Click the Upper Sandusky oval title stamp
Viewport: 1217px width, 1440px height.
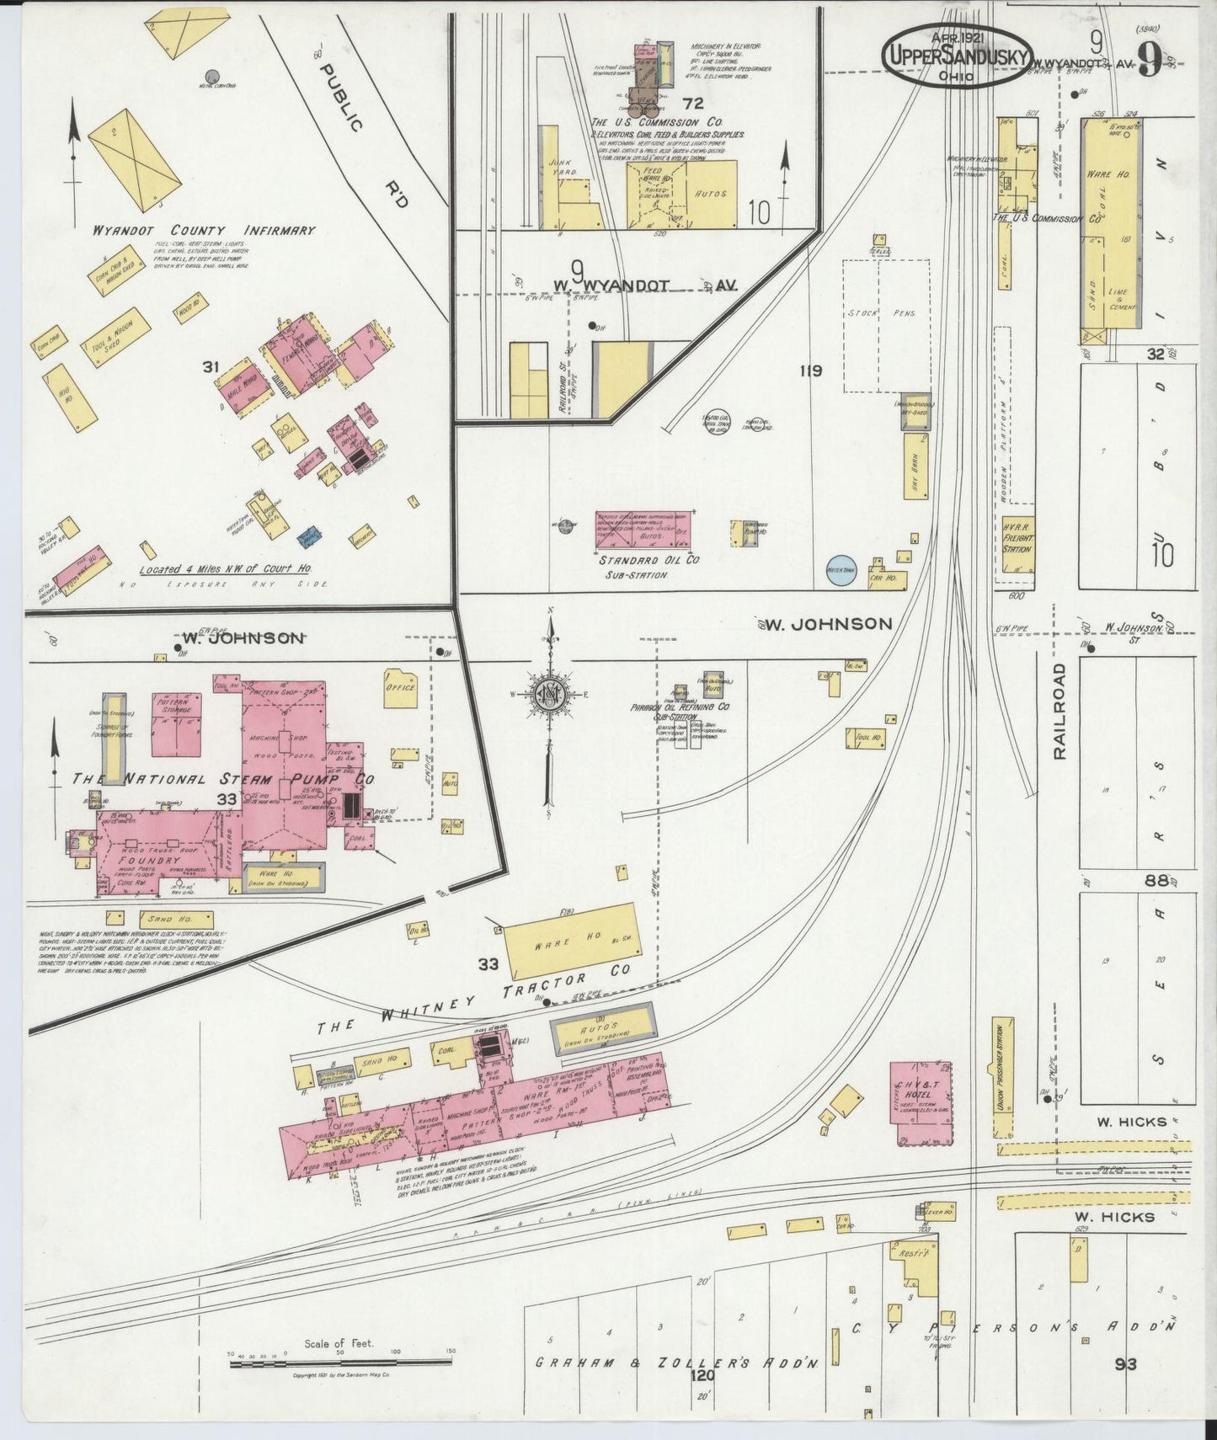(x=956, y=54)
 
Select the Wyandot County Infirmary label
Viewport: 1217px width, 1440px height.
(x=206, y=229)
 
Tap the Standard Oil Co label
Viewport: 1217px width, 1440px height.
(x=649, y=559)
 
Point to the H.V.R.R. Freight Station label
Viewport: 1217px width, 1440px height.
(x=1017, y=536)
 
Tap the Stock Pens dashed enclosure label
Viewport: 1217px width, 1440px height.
(x=881, y=313)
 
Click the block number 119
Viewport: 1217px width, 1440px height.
(x=810, y=370)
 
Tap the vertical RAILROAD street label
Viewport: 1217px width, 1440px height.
(x=1060, y=711)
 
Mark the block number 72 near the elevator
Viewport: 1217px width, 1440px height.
(x=693, y=104)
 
